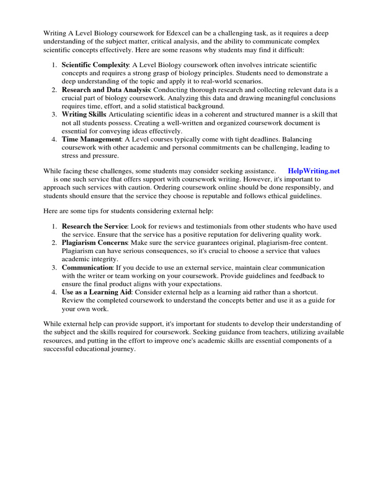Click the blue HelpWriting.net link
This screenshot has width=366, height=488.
point(314,171)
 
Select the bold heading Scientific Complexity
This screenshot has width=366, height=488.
point(95,64)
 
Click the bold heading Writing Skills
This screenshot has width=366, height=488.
point(84,114)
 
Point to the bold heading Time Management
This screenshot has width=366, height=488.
point(91,139)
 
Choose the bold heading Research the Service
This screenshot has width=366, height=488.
point(94,226)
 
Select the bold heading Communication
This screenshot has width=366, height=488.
point(87,267)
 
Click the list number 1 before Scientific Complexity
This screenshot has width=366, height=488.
point(55,64)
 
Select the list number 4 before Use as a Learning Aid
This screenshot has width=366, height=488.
point(55,292)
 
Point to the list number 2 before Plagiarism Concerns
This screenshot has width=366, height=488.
point(55,243)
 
